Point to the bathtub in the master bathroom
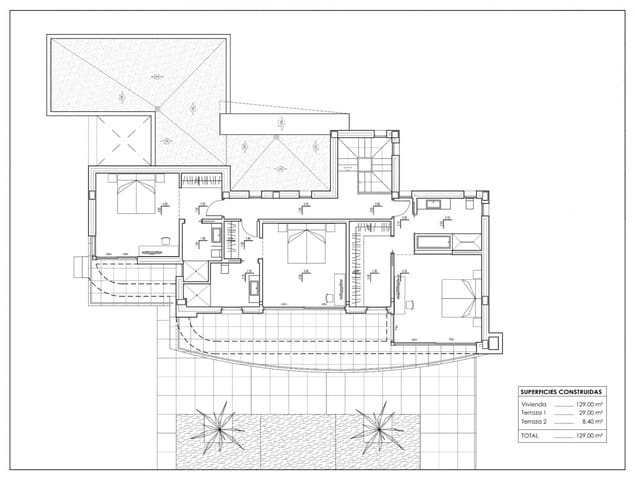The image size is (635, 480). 431,241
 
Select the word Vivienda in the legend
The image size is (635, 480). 533,404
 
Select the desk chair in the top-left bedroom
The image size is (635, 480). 165,239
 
